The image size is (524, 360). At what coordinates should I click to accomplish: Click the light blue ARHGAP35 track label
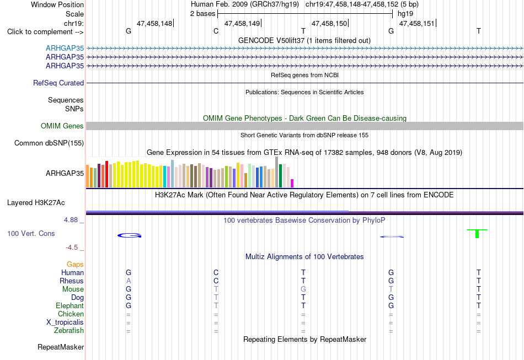[65, 49]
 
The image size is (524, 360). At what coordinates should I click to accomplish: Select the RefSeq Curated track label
[58, 83]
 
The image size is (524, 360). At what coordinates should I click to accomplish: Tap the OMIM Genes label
[62, 126]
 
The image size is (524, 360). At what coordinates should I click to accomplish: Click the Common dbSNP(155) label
[49, 143]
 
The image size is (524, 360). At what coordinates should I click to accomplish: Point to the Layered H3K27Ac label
[36, 203]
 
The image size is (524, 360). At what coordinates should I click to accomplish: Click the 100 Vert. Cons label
[31, 233]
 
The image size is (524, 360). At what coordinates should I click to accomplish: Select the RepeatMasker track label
[61, 347]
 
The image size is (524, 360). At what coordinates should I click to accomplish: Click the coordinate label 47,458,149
[242, 23]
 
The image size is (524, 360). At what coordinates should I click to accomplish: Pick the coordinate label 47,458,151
[417, 23]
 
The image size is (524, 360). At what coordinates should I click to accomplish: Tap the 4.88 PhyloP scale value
[71, 220]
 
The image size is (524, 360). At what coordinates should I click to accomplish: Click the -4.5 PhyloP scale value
[72, 248]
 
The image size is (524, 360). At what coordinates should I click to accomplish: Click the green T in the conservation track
[477, 233]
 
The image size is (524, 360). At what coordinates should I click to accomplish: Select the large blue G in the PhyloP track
[129, 235]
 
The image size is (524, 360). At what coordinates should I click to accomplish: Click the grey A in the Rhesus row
[129, 281]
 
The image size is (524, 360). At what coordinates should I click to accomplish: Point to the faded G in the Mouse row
[303, 289]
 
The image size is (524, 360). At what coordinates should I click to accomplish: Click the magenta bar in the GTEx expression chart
[292, 184]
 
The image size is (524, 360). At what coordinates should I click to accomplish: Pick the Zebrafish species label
[69, 331]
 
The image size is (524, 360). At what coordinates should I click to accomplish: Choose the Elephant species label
[70, 305]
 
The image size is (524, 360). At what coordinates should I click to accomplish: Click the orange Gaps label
[75, 265]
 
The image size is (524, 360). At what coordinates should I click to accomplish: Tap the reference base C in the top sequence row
[216, 31]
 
